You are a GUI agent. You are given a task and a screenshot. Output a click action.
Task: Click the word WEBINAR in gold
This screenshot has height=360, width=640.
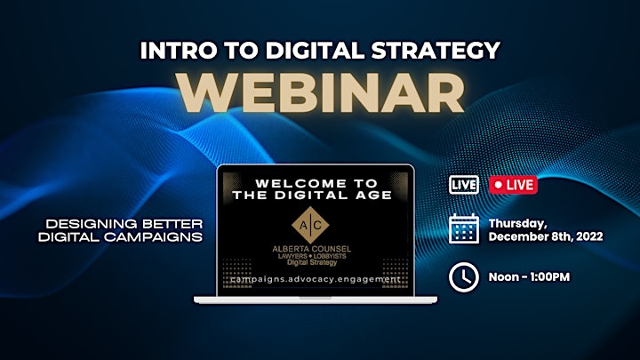click(322, 94)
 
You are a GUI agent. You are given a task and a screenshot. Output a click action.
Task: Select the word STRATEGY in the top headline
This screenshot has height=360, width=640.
click(436, 50)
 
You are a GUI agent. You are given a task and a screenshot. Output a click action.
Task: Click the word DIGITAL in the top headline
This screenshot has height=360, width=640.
click(315, 50)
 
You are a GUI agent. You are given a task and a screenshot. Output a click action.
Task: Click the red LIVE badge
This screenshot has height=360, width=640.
click(513, 185)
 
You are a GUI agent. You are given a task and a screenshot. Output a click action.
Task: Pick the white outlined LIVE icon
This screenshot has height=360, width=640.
click(464, 185)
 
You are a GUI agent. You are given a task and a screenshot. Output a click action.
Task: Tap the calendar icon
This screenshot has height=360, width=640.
click(464, 229)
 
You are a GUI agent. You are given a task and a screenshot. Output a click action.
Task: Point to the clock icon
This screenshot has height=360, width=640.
click(464, 277)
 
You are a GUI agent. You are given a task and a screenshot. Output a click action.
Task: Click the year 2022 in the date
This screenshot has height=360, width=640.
click(589, 236)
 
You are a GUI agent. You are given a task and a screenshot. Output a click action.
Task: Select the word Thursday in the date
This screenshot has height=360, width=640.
click(518, 224)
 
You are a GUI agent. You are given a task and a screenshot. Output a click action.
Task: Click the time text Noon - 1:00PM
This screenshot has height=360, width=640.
click(529, 277)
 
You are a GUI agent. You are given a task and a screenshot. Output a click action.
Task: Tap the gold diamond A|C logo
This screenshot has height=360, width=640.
click(310, 225)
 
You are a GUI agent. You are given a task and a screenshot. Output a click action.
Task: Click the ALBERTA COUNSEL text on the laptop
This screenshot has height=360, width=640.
click(311, 249)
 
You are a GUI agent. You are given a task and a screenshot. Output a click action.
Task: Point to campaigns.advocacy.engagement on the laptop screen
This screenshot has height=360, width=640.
click(315, 280)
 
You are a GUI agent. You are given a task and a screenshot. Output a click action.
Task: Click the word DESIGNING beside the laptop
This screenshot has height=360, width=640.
click(86, 224)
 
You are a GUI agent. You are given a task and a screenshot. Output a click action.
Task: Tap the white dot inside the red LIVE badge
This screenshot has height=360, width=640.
click(498, 185)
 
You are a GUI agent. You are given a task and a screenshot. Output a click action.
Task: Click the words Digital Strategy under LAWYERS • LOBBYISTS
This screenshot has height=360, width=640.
click(312, 262)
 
